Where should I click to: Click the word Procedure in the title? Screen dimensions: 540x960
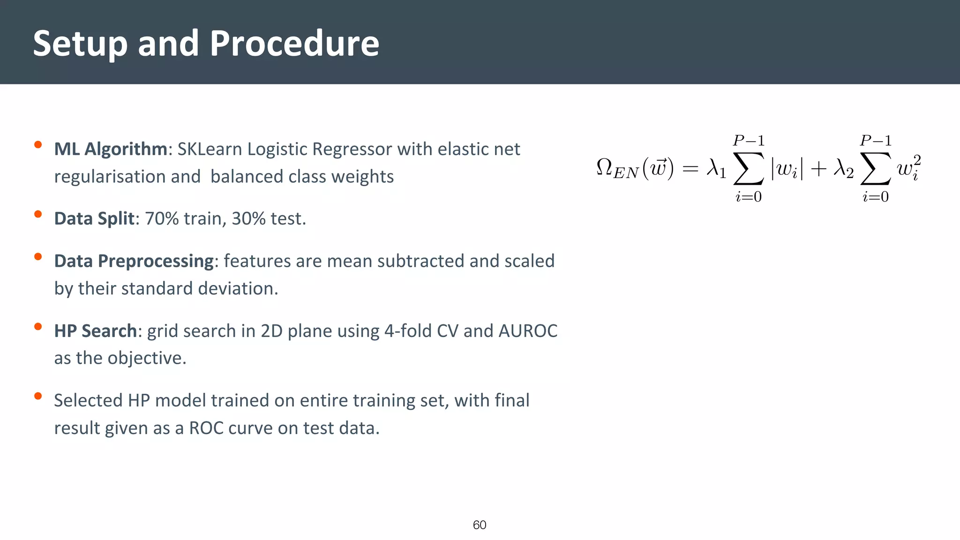294,43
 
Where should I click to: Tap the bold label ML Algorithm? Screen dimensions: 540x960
111,149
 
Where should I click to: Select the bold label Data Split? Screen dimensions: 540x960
94,218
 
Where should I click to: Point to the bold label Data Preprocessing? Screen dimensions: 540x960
134,261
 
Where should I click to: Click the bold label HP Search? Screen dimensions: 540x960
95,331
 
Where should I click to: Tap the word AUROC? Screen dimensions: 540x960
528,331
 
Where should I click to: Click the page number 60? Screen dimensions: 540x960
480,525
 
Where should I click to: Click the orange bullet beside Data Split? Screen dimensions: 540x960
38,215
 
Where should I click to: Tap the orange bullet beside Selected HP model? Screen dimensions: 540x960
38,397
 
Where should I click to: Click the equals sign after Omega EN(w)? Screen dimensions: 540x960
690,169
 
